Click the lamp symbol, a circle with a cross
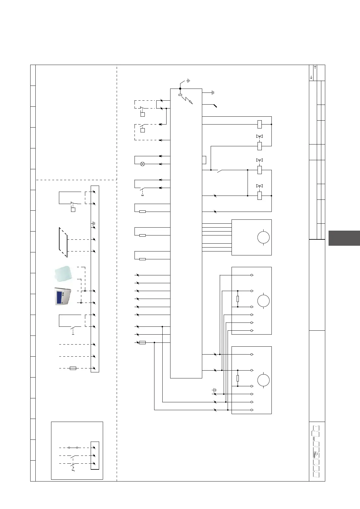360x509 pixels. pyautogui.click(x=143, y=164)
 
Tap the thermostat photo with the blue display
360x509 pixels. pyautogui.click(x=63, y=296)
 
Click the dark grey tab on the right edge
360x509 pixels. pyautogui.click(x=344, y=238)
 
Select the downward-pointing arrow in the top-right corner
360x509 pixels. pyautogui.click(x=311, y=77)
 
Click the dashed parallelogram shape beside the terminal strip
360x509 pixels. pyautogui.click(x=63, y=242)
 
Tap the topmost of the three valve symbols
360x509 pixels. pyautogui.click(x=259, y=137)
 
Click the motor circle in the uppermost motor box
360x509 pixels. pyautogui.click(x=263, y=237)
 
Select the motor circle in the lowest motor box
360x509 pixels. pyautogui.click(x=263, y=380)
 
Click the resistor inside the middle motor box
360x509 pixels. pyautogui.click(x=238, y=299)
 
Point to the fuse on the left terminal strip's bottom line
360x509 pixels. pyautogui.click(x=73, y=368)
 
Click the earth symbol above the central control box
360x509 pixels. pyautogui.click(x=188, y=81)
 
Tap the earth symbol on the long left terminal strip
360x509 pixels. pyautogui.click(x=94, y=224)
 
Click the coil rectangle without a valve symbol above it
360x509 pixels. pyautogui.click(x=259, y=124)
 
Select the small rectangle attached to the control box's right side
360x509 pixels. pyautogui.click(x=204, y=160)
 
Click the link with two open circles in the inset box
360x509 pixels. pyautogui.click(x=73, y=448)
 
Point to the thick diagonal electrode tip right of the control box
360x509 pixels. pyautogui.click(x=215, y=106)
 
